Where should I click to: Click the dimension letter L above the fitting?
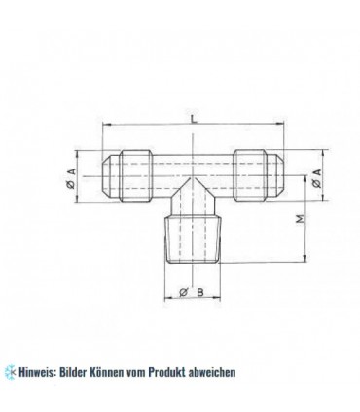coord(195,118)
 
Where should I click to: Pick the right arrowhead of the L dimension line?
coord(282,126)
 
